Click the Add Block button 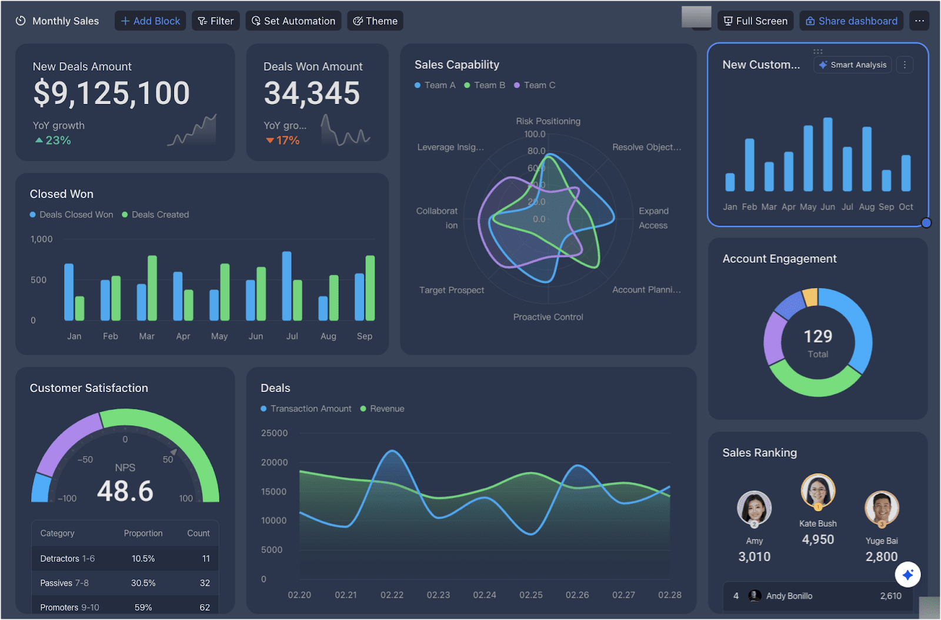[151, 21]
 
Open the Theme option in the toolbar [375, 21]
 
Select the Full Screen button [755, 21]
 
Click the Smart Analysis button [853, 65]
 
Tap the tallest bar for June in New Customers [827, 154]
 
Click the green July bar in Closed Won [298, 300]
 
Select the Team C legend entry [535, 85]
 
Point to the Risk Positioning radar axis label [548, 121]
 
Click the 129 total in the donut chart [817, 336]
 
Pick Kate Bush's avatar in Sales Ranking [817, 491]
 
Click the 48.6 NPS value [125, 491]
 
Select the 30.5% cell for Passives [143, 583]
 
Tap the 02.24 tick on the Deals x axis [485, 595]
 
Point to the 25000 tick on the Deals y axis [274, 433]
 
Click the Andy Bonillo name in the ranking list [789, 596]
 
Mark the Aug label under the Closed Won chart [328, 336]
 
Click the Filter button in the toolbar [216, 21]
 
